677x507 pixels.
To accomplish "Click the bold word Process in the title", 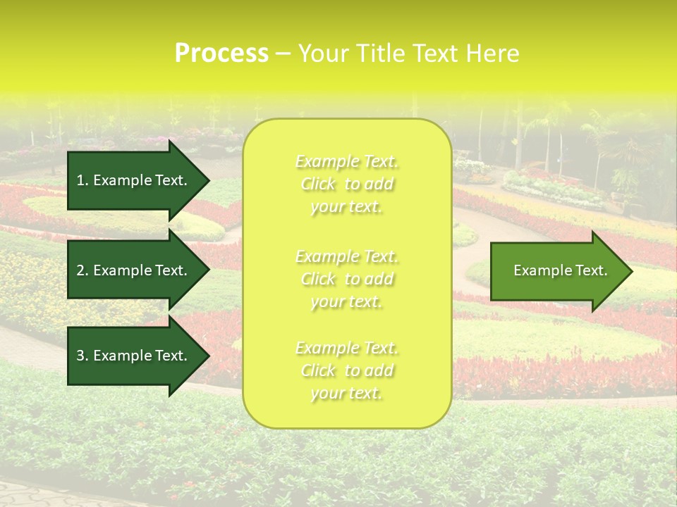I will pyautogui.click(x=221, y=54).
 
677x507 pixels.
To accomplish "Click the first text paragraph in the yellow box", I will pyautogui.click(x=347, y=184).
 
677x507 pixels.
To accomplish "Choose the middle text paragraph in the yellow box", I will pyautogui.click(x=347, y=279).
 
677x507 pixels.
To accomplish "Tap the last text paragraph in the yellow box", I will pyautogui.click(x=347, y=370).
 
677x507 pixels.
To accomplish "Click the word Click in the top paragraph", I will pyautogui.click(x=318, y=184).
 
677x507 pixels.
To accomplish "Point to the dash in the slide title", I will pyautogui.click(x=283, y=54).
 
